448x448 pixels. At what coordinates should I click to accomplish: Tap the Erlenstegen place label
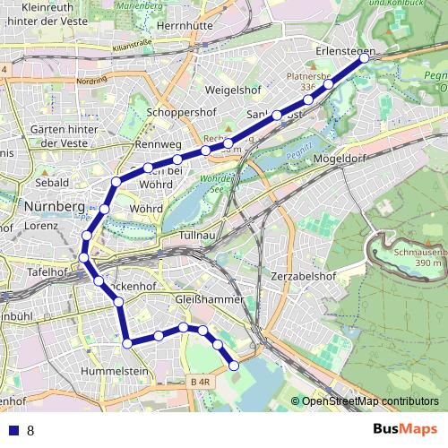[x=345, y=53]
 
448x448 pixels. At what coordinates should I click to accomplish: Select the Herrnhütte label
[x=186, y=27]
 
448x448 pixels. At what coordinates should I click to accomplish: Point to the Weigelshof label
[x=233, y=91]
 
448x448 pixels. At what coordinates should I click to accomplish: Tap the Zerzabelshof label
[x=308, y=276]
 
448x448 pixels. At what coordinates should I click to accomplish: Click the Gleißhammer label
[x=205, y=297]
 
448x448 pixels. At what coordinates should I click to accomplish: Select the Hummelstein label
[x=114, y=369]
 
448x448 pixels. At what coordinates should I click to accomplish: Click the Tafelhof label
[x=47, y=271]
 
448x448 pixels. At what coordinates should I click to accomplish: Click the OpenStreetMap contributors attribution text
[x=370, y=401]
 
